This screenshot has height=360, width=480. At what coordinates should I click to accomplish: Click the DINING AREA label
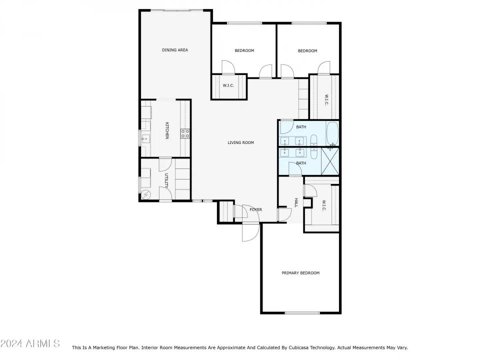(x=174, y=50)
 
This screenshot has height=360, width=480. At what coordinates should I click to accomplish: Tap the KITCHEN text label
(x=167, y=130)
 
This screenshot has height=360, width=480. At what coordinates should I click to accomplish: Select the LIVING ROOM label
(x=240, y=143)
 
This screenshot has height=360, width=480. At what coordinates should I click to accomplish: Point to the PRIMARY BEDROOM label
(x=300, y=273)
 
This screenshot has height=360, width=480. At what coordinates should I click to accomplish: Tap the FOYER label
(x=255, y=209)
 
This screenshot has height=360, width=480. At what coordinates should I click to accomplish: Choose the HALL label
(x=296, y=202)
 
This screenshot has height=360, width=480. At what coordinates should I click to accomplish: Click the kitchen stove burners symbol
(x=185, y=133)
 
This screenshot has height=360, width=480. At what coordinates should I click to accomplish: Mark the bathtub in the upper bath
(x=332, y=134)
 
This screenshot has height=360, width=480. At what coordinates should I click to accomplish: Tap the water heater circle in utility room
(x=146, y=194)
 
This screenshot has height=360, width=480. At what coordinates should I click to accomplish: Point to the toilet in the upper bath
(x=313, y=139)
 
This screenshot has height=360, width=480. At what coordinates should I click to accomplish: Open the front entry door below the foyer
(x=250, y=231)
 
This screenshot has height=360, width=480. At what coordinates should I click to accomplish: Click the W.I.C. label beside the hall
(x=323, y=205)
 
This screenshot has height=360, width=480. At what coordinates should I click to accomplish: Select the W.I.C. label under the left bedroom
(x=228, y=85)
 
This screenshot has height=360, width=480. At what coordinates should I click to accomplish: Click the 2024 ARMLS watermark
(x=30, y=343)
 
